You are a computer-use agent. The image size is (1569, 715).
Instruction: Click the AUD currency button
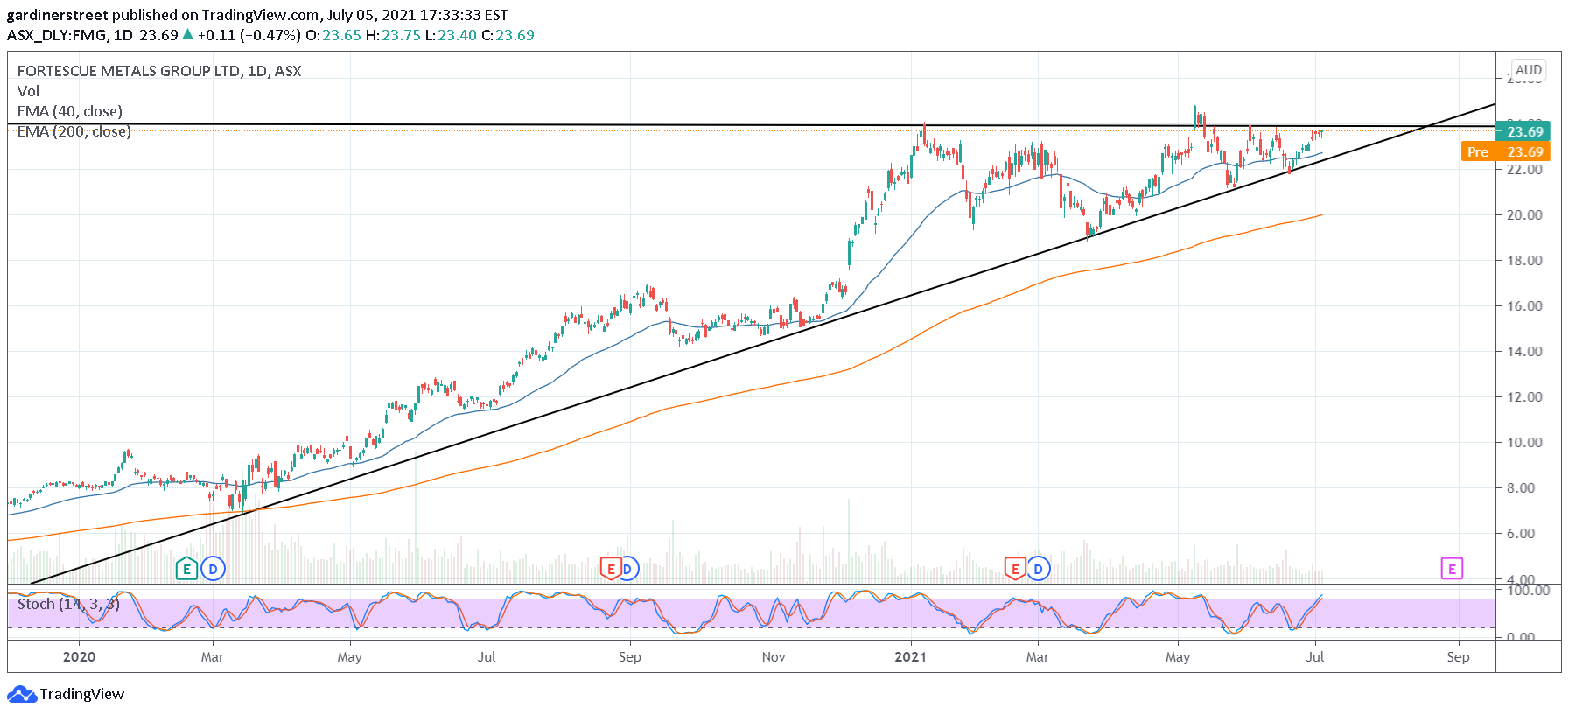(1528, 70)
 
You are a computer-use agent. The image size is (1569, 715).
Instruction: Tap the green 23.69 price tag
(1523, 131)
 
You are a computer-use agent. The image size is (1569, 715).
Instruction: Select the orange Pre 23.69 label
(1505, 151)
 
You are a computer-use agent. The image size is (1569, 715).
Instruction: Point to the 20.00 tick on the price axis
(1523, 214)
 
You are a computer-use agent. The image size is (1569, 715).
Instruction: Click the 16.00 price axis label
(1523, 305)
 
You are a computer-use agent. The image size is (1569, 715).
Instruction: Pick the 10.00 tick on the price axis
(1523, 442)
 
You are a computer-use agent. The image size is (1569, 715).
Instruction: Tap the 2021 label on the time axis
(910, 656)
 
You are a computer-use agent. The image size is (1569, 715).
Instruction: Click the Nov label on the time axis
(774, 656)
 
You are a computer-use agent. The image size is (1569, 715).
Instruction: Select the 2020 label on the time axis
(79, 656)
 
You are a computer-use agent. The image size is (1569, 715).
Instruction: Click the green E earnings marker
(186, 569)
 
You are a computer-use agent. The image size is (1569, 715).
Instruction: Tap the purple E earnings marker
(1451, 569)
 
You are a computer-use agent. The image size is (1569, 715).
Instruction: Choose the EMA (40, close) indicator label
(70, 111)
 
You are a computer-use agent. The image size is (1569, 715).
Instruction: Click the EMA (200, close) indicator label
(74, 131)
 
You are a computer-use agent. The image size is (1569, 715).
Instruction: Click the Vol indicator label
(28, 91)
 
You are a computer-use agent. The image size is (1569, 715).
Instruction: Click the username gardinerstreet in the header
(57, 15)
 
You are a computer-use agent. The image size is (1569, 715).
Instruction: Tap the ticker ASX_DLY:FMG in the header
(57, 35)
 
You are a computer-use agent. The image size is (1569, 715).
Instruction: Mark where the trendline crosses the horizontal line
(1427, 126)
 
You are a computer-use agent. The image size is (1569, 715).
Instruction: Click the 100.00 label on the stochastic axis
(1527, 591)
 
